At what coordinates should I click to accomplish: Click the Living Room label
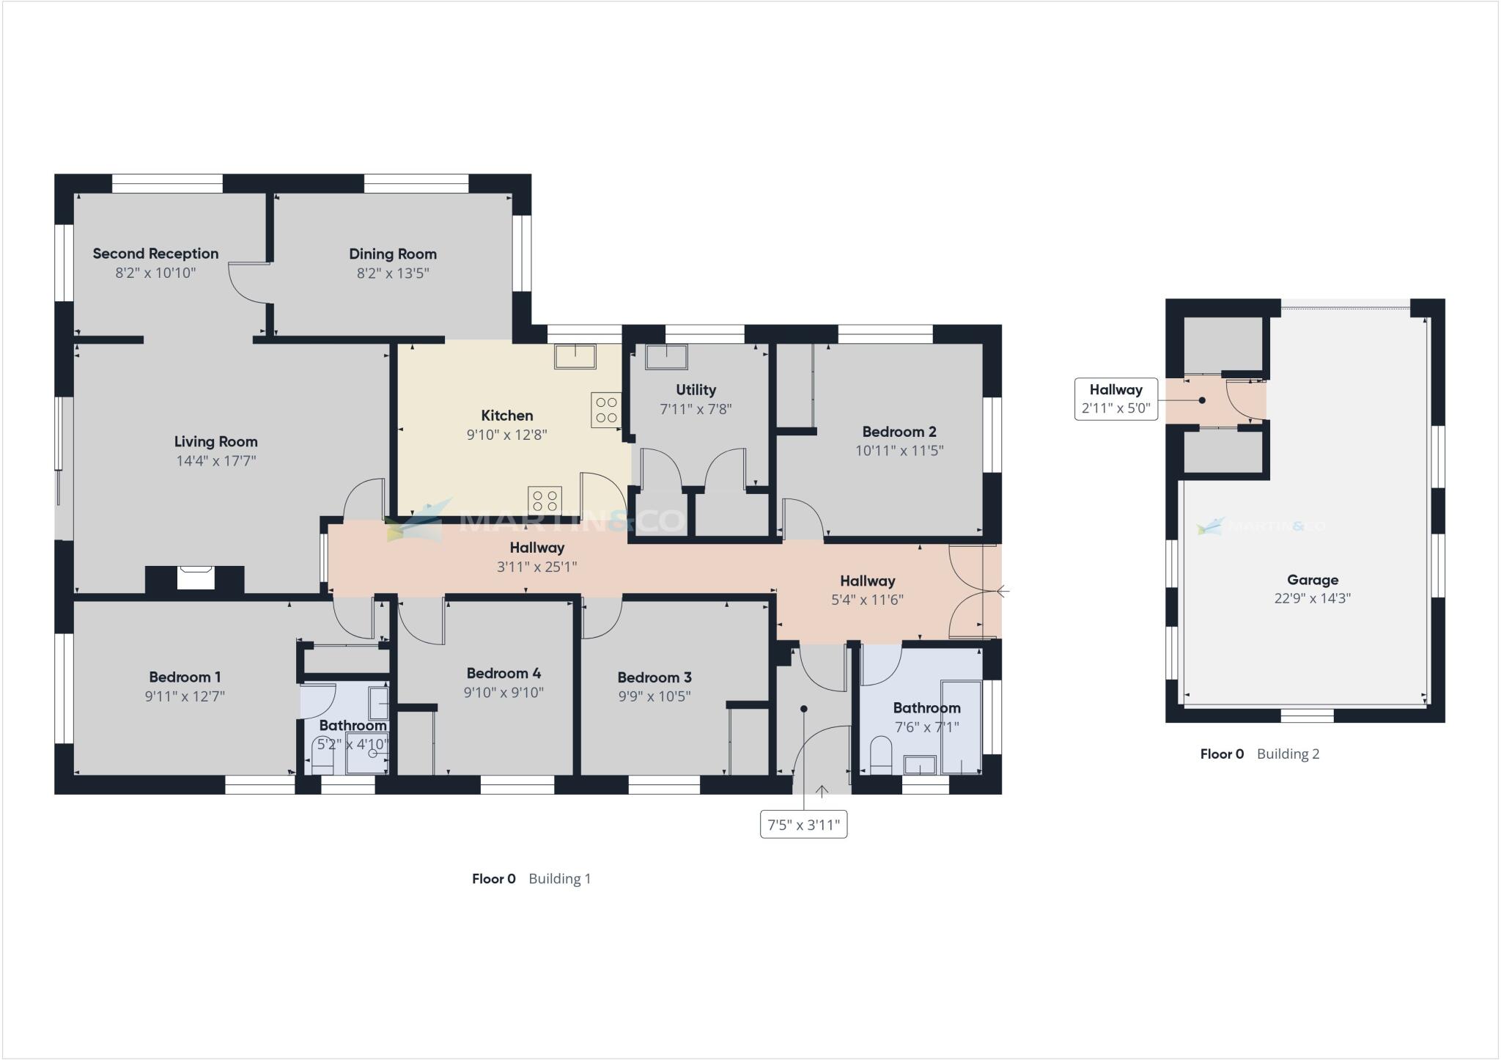click(215, 441)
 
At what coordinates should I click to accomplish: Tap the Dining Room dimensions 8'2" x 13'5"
click(392, 273)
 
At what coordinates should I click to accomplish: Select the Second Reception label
click(155, 254)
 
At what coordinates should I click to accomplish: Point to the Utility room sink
click(666, 357)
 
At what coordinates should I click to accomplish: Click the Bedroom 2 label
click(899, 432)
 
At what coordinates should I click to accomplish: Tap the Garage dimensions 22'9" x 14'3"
click(1312, 598)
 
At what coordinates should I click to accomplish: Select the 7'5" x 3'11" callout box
click(803, 825)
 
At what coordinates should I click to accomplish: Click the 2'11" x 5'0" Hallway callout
click(1115, 400)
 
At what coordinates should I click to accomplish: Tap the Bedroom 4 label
click(504, 673)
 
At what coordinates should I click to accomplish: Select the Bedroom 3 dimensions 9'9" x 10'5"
click(654, 696)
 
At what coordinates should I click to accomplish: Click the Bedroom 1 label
click(185, 677)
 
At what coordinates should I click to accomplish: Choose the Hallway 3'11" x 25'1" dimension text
click(536, 567)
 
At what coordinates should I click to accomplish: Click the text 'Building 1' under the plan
click(559, 878)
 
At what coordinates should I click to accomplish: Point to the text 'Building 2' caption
click(1288, 754)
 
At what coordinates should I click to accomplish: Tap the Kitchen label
click(506, 415)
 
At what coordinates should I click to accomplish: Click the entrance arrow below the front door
click(822, 792)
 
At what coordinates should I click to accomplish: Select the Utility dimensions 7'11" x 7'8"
click(696, 409)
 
